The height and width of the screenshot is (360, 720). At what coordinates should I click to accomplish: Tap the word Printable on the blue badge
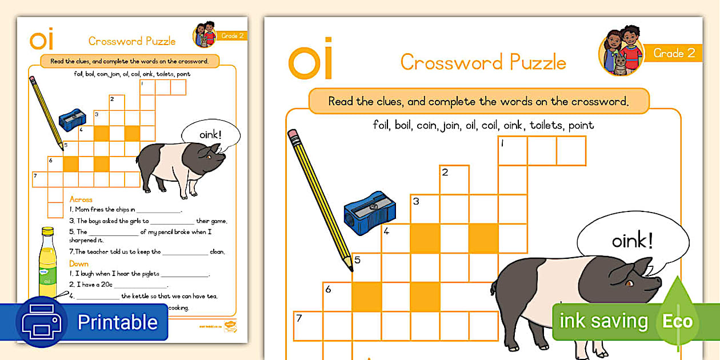117,322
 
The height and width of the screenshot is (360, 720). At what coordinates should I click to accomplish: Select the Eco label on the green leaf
677,321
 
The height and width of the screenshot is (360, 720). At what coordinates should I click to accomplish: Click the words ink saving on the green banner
603,321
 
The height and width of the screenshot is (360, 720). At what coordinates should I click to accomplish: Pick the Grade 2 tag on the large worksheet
674,53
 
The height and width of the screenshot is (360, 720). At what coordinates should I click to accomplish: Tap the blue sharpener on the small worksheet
72,119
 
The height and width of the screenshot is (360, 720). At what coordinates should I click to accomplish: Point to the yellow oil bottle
47,263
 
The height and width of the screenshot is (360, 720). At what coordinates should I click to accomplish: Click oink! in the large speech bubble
632,241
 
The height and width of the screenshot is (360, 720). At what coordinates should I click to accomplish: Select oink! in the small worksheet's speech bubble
211,136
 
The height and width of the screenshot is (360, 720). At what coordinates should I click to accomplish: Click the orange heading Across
81,199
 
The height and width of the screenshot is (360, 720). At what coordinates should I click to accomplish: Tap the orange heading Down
79,263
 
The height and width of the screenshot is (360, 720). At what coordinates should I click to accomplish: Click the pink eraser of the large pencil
294,136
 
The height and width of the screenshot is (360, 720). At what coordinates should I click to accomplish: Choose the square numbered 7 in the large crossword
308,326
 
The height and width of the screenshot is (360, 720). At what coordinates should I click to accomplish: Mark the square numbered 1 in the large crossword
513,151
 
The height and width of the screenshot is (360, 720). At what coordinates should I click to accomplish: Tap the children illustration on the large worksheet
621,52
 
